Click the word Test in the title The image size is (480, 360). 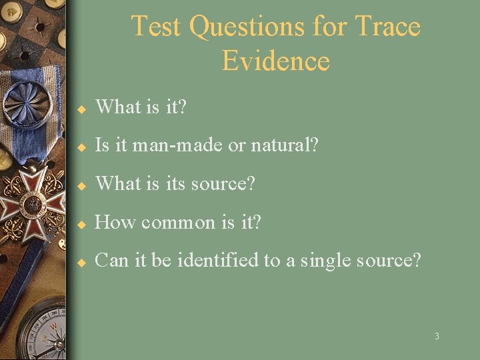point(157,27)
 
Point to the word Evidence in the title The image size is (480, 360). point(275,61)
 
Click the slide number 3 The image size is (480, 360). point(437,337)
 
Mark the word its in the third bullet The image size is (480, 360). point(175,183)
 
